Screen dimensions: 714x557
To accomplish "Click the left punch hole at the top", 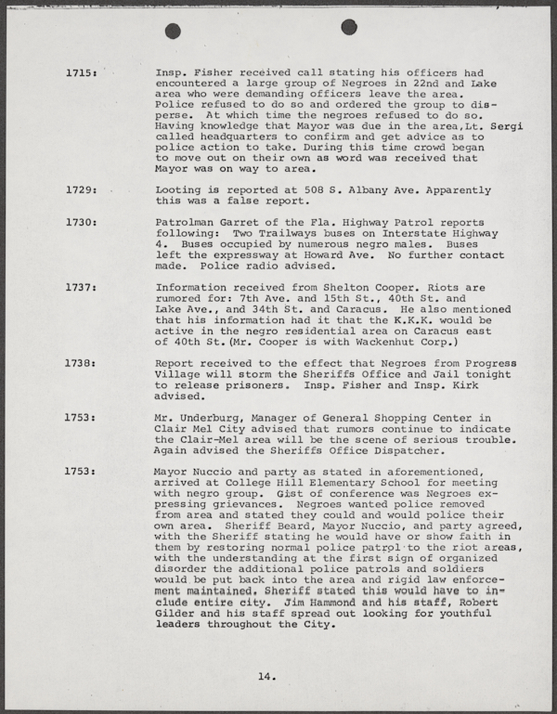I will pyautogui.click(x=173, y=31).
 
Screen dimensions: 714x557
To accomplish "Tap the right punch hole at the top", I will pyautogui.click(x=349, y=27).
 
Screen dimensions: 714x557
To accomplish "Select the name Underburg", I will pyautogui.click(x=211, y=419).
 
